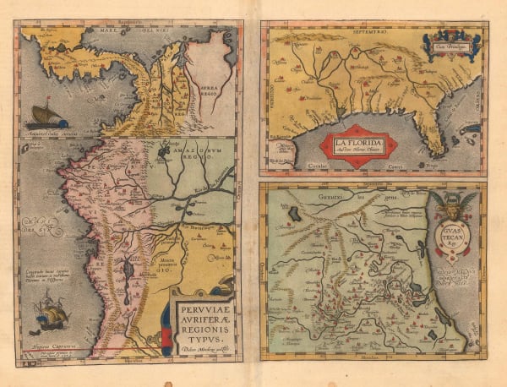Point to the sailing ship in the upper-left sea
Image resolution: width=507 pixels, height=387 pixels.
47,115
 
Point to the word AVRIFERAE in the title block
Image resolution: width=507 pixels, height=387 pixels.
203,313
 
